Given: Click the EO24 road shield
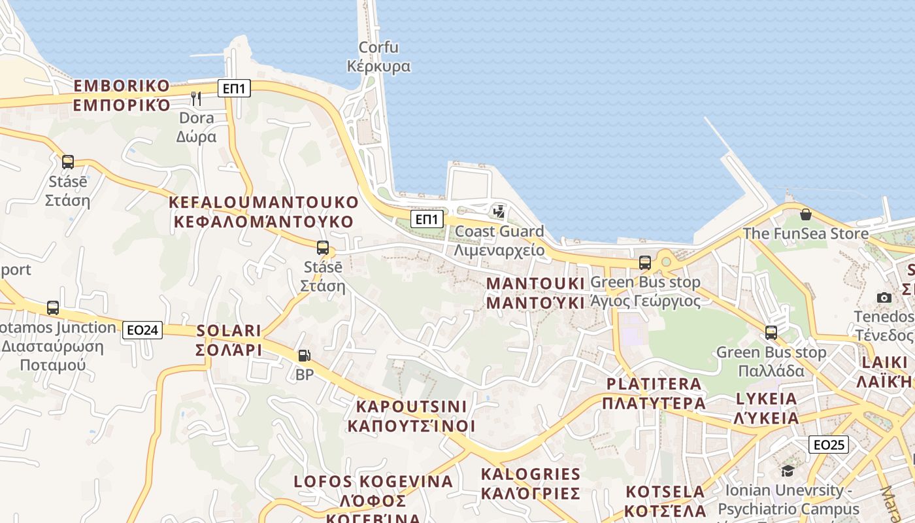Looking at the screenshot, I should click(142, 330).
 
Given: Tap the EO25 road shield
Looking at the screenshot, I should click(828, 445).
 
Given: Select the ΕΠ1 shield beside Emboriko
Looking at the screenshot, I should click(234, 88).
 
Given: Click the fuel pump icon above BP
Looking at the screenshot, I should click(304, 356).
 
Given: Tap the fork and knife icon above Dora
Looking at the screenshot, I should click(196, 99).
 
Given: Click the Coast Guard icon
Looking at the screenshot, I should click(499, 211).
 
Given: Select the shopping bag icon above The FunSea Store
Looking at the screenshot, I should click(805, 214).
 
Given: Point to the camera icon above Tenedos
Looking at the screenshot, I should click(884, 297).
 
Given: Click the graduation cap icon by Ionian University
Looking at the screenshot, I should click(788, 471).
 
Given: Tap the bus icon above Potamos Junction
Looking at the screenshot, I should click(53, 308).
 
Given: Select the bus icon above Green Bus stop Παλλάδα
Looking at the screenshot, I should click(771, 333).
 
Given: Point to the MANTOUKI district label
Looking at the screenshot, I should click(535, 293).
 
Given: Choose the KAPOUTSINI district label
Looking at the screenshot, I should click(411, 416).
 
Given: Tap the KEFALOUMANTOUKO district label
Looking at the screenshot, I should click(263, 211).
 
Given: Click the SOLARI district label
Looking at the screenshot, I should click(229, 340).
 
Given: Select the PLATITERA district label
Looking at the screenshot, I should click(654, 393).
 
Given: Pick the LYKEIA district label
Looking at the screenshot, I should click(767, 408).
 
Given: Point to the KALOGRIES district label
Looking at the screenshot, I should click(530, 483).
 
